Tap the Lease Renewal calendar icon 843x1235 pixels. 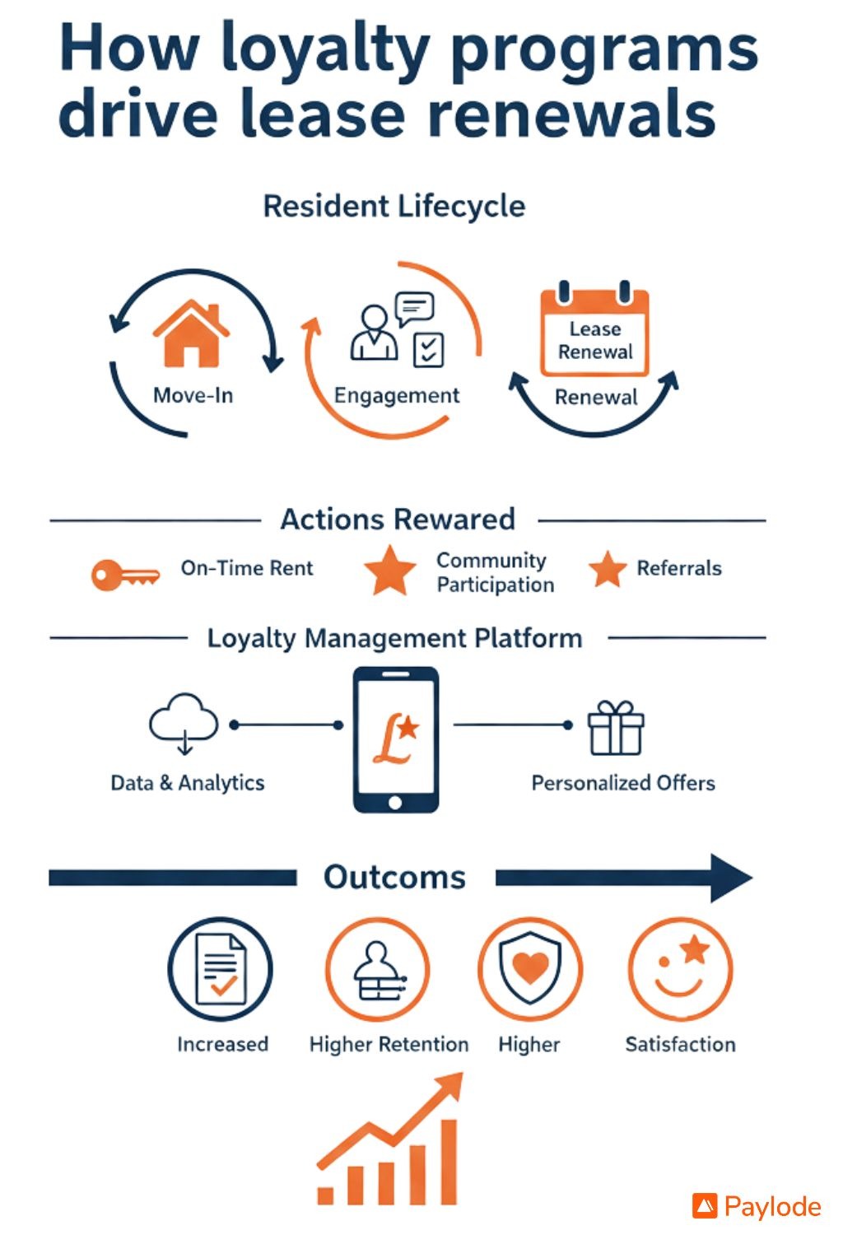[594, 332]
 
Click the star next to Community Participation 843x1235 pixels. [390, 571]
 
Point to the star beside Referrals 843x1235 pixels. [608, 570]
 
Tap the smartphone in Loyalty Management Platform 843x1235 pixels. [395, 739]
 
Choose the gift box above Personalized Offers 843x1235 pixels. [615, 728]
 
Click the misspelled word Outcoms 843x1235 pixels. [394, 878]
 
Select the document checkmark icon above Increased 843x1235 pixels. [220, 969]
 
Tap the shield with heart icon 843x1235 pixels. [530, 968]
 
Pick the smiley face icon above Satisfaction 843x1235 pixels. [680, 969]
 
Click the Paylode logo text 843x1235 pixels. [772, 1207]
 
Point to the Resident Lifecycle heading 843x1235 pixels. [394, 206]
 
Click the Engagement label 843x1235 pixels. [396, 396]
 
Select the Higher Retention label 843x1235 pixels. [389, 1044]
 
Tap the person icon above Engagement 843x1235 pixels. [374, 333]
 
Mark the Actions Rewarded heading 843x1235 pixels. [398, 520]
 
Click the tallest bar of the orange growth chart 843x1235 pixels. [448, 1162]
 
